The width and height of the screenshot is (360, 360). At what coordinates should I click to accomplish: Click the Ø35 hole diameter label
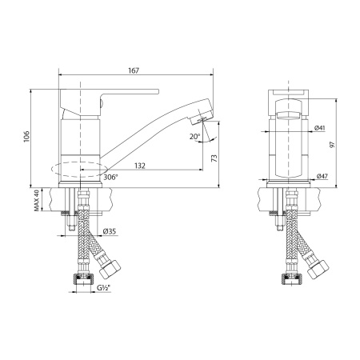(x=110, y=232)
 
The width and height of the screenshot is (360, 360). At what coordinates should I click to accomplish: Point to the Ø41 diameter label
(x=319, y=128)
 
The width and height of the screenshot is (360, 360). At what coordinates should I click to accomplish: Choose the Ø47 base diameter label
(x=322, y=176)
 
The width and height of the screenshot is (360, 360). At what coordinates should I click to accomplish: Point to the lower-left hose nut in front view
(x=288, y=279)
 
